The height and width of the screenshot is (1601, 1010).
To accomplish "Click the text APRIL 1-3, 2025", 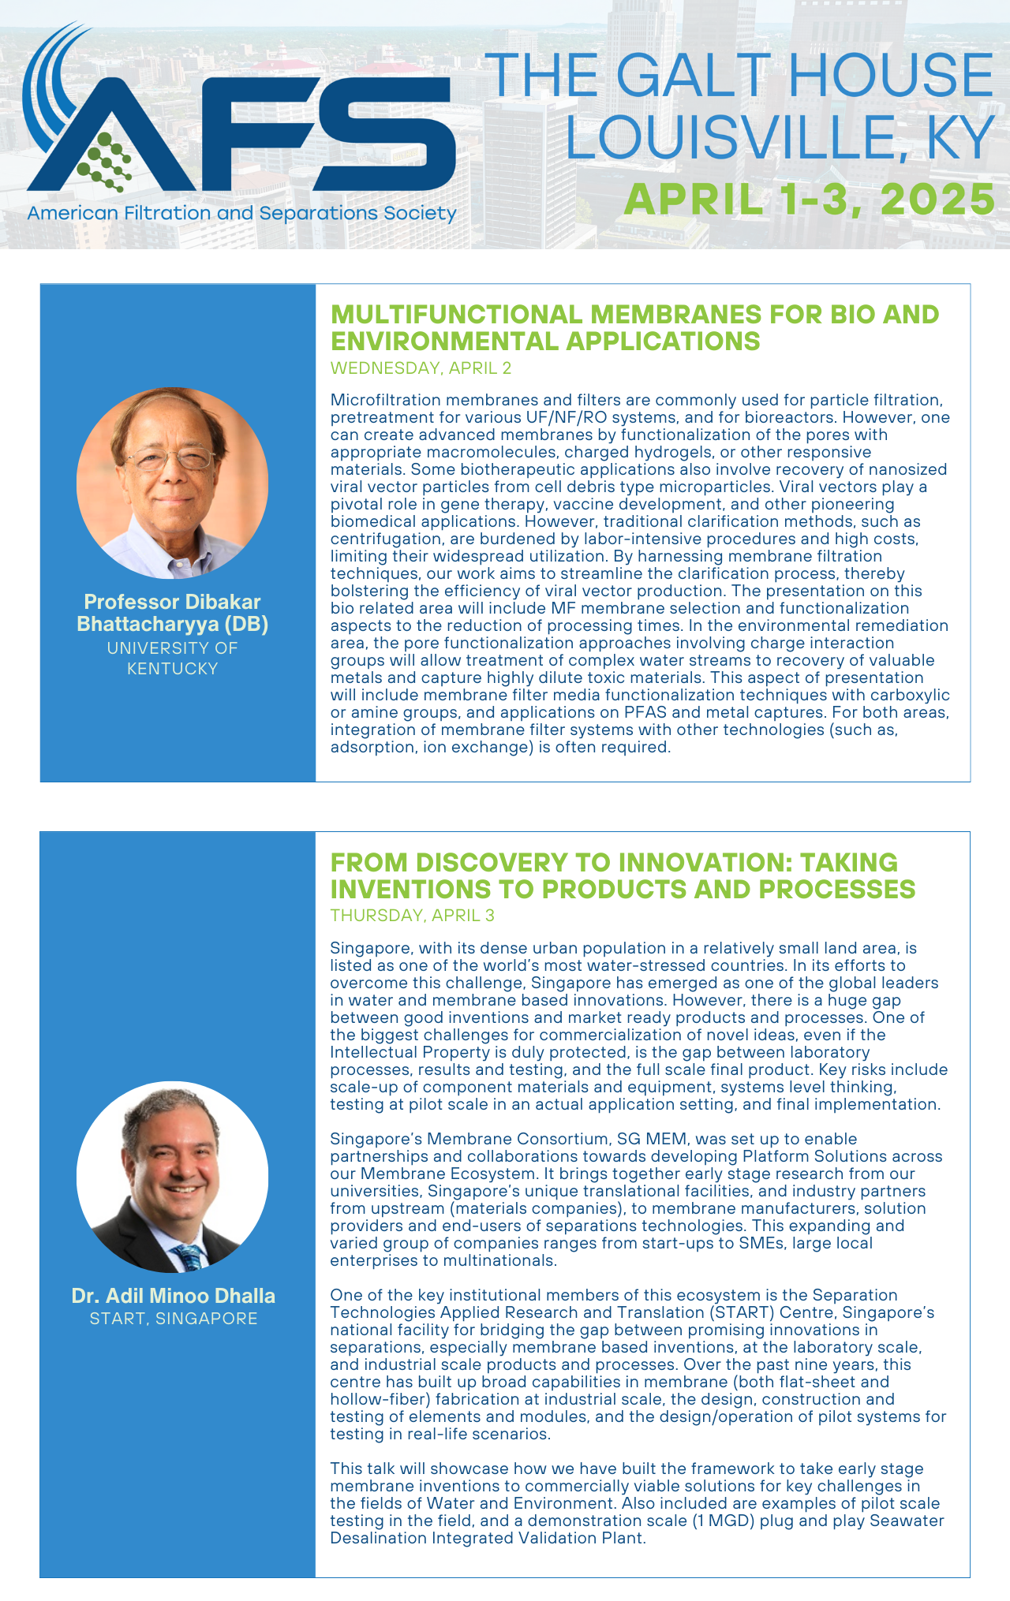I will (x=809, y=198).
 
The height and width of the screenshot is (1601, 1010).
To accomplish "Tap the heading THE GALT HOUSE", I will (x=739, y=77).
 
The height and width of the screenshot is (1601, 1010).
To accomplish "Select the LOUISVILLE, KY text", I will (x=780, y=138).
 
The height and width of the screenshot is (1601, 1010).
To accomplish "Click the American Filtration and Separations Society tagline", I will (x=241, y=213).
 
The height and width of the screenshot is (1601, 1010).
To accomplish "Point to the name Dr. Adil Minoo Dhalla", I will (x=173, y=1296).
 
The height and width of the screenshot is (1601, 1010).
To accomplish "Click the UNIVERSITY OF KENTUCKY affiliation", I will (x=172, y=658).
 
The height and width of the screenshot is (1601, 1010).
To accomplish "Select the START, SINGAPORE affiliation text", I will (x=173, y=1318).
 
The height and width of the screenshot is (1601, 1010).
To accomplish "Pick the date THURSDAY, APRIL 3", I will (x=412, y=915).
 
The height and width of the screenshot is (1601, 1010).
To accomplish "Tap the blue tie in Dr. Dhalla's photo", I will (x=189, y=1256).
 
